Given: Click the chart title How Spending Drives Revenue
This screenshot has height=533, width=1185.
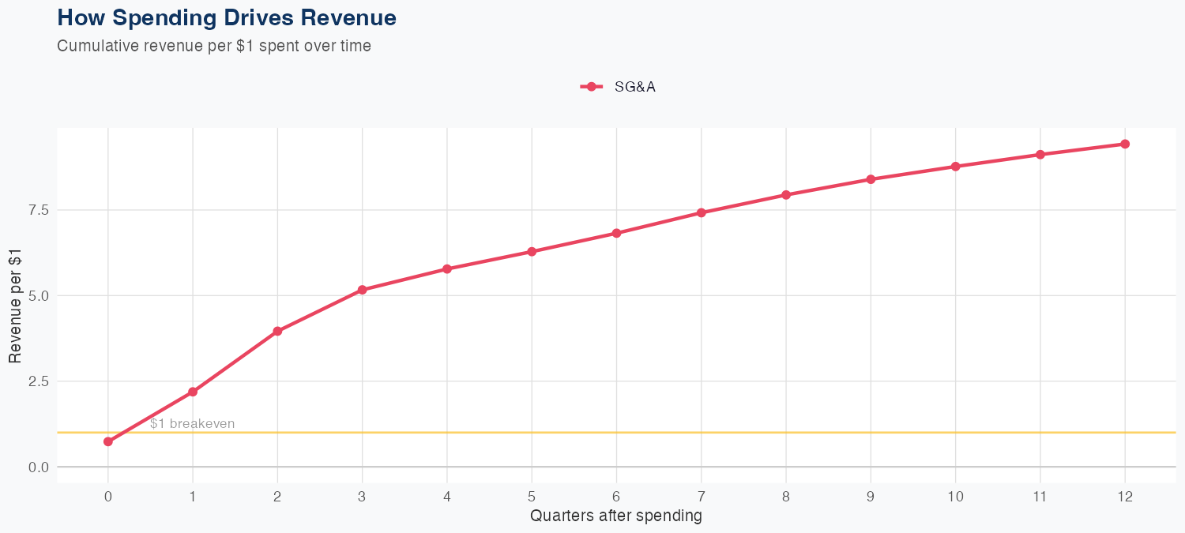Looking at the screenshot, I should (x=227, y=17).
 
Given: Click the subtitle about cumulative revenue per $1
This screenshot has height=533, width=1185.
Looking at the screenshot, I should (x=214, y=46).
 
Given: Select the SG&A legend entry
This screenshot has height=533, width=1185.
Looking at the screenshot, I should (x=619, y=87).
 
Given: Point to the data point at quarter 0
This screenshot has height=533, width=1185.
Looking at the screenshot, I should (x=108, y=441).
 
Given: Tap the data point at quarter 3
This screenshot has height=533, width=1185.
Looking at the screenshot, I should (x=363, y=290).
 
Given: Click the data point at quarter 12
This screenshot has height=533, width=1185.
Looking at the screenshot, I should (x=1125, y=144).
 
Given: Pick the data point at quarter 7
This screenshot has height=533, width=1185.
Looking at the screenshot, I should (x=702, y=212).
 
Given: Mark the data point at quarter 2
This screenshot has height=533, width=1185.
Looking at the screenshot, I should (x=277, y=332).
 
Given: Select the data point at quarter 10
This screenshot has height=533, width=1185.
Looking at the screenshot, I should (x=956, y=167).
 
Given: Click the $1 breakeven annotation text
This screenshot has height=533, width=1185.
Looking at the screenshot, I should (x=192, y=424).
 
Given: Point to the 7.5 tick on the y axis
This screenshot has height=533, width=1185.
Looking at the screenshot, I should (x=39, y=210).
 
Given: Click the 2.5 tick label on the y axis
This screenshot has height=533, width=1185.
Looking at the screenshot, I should (x=39, y=381).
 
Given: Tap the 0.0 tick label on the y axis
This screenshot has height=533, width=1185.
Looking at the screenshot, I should (x=39, y=467).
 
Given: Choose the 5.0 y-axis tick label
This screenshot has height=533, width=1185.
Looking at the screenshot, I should (x=39, y=296).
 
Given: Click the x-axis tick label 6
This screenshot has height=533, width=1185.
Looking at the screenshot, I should (x=616, y=497).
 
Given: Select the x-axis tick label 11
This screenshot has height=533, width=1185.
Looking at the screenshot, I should (x=1040, y=497).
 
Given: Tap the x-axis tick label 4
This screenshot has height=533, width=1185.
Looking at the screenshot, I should (x=447, y=497).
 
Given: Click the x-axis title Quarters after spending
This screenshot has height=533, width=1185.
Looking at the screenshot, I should (x=616, y=516).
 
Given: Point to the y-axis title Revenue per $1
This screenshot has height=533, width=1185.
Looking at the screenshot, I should (x=15, y=306).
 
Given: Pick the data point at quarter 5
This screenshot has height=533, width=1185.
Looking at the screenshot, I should (x=532, y=252).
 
